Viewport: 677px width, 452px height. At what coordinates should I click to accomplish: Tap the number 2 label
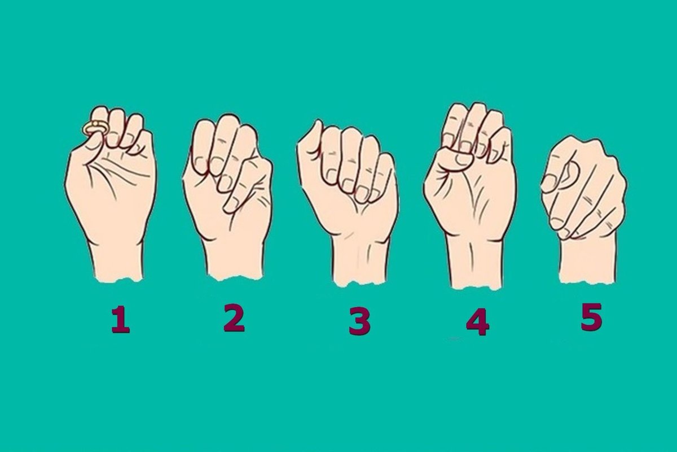234,319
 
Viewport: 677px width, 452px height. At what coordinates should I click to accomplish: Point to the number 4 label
477,322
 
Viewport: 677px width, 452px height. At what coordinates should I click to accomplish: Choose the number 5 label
591,318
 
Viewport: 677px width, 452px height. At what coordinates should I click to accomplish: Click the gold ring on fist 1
94,128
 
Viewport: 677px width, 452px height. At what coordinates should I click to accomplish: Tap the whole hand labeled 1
112,194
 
